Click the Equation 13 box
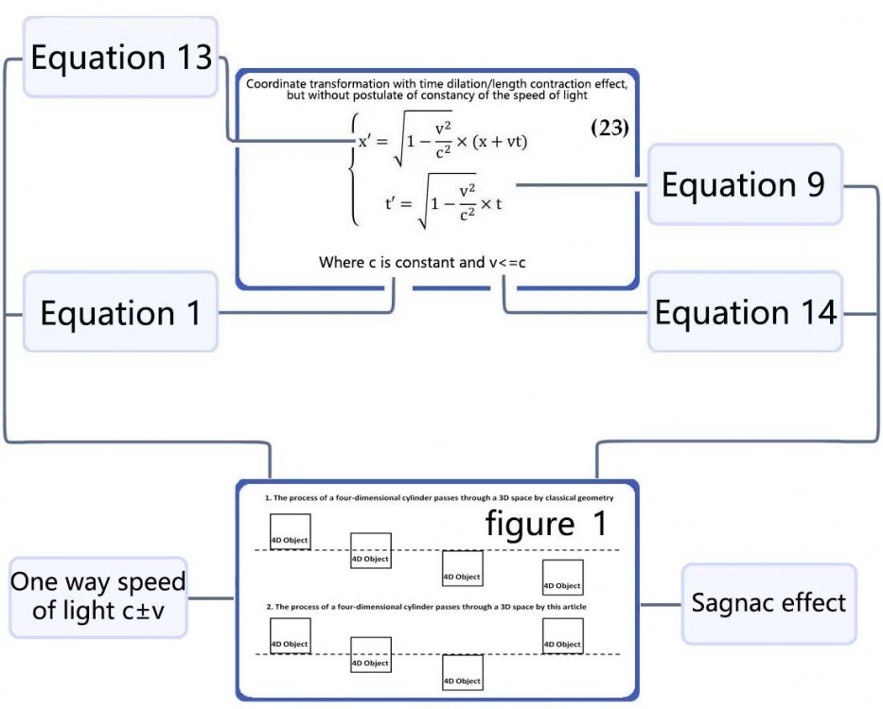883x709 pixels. tap(121, 58)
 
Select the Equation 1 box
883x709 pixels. tap(120, 313)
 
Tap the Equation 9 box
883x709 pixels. tap(744, 184)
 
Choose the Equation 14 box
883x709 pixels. tap(746, 312)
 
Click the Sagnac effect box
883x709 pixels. tap(768, 603)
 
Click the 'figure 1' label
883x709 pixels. tap(546, 523)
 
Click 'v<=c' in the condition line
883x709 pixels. tap(507, 262)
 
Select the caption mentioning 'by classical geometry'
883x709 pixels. tap(439, 497)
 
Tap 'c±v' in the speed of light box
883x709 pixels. tap(151, 611)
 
